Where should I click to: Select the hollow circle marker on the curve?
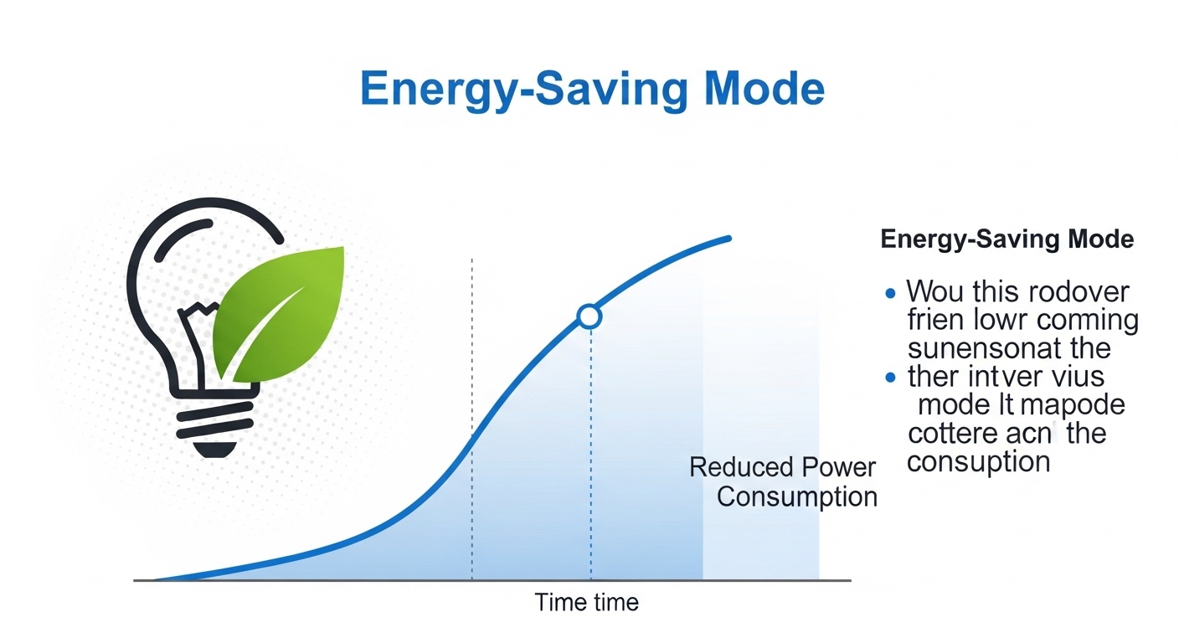click(x=589, y=316)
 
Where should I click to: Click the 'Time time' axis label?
click(x=586, y=602)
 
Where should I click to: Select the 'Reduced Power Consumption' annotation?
click(x=784, y=482)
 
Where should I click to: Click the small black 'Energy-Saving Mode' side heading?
click(x=1007, y=239)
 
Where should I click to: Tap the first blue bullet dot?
click(x=890, y=293)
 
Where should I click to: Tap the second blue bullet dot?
click(x=890, y=378)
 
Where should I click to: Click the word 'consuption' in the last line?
click(x=978, y=461)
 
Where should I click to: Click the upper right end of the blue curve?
click(x=729, y=239)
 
